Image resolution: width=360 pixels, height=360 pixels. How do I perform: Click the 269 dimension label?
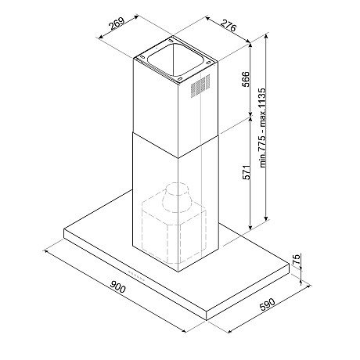pyautogui.click(x=117, y=25)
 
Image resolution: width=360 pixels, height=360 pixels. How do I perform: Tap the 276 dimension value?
pyautogui.click(x=229, y=25)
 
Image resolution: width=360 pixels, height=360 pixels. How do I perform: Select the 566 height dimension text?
pyautogui.click(x=246, y=79)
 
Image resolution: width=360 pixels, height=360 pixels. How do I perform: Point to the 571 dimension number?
pyautogui.click(x=247, y=172)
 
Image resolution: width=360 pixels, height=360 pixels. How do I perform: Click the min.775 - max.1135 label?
pyautogui.click(x=263, y=128)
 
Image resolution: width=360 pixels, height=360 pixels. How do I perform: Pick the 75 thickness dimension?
pyautogui.click(x=297, y=259)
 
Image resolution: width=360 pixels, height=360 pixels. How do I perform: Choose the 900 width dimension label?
pyautogui.click(x=117, y=286)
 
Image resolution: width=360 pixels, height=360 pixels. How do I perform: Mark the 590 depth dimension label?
pyautogui.click(x=268, y=304)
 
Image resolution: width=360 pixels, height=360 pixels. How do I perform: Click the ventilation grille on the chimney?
pyautogui.click(x=200, y=86)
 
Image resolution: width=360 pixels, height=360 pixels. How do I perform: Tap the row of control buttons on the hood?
pyautogui.click(x=137, y=276)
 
